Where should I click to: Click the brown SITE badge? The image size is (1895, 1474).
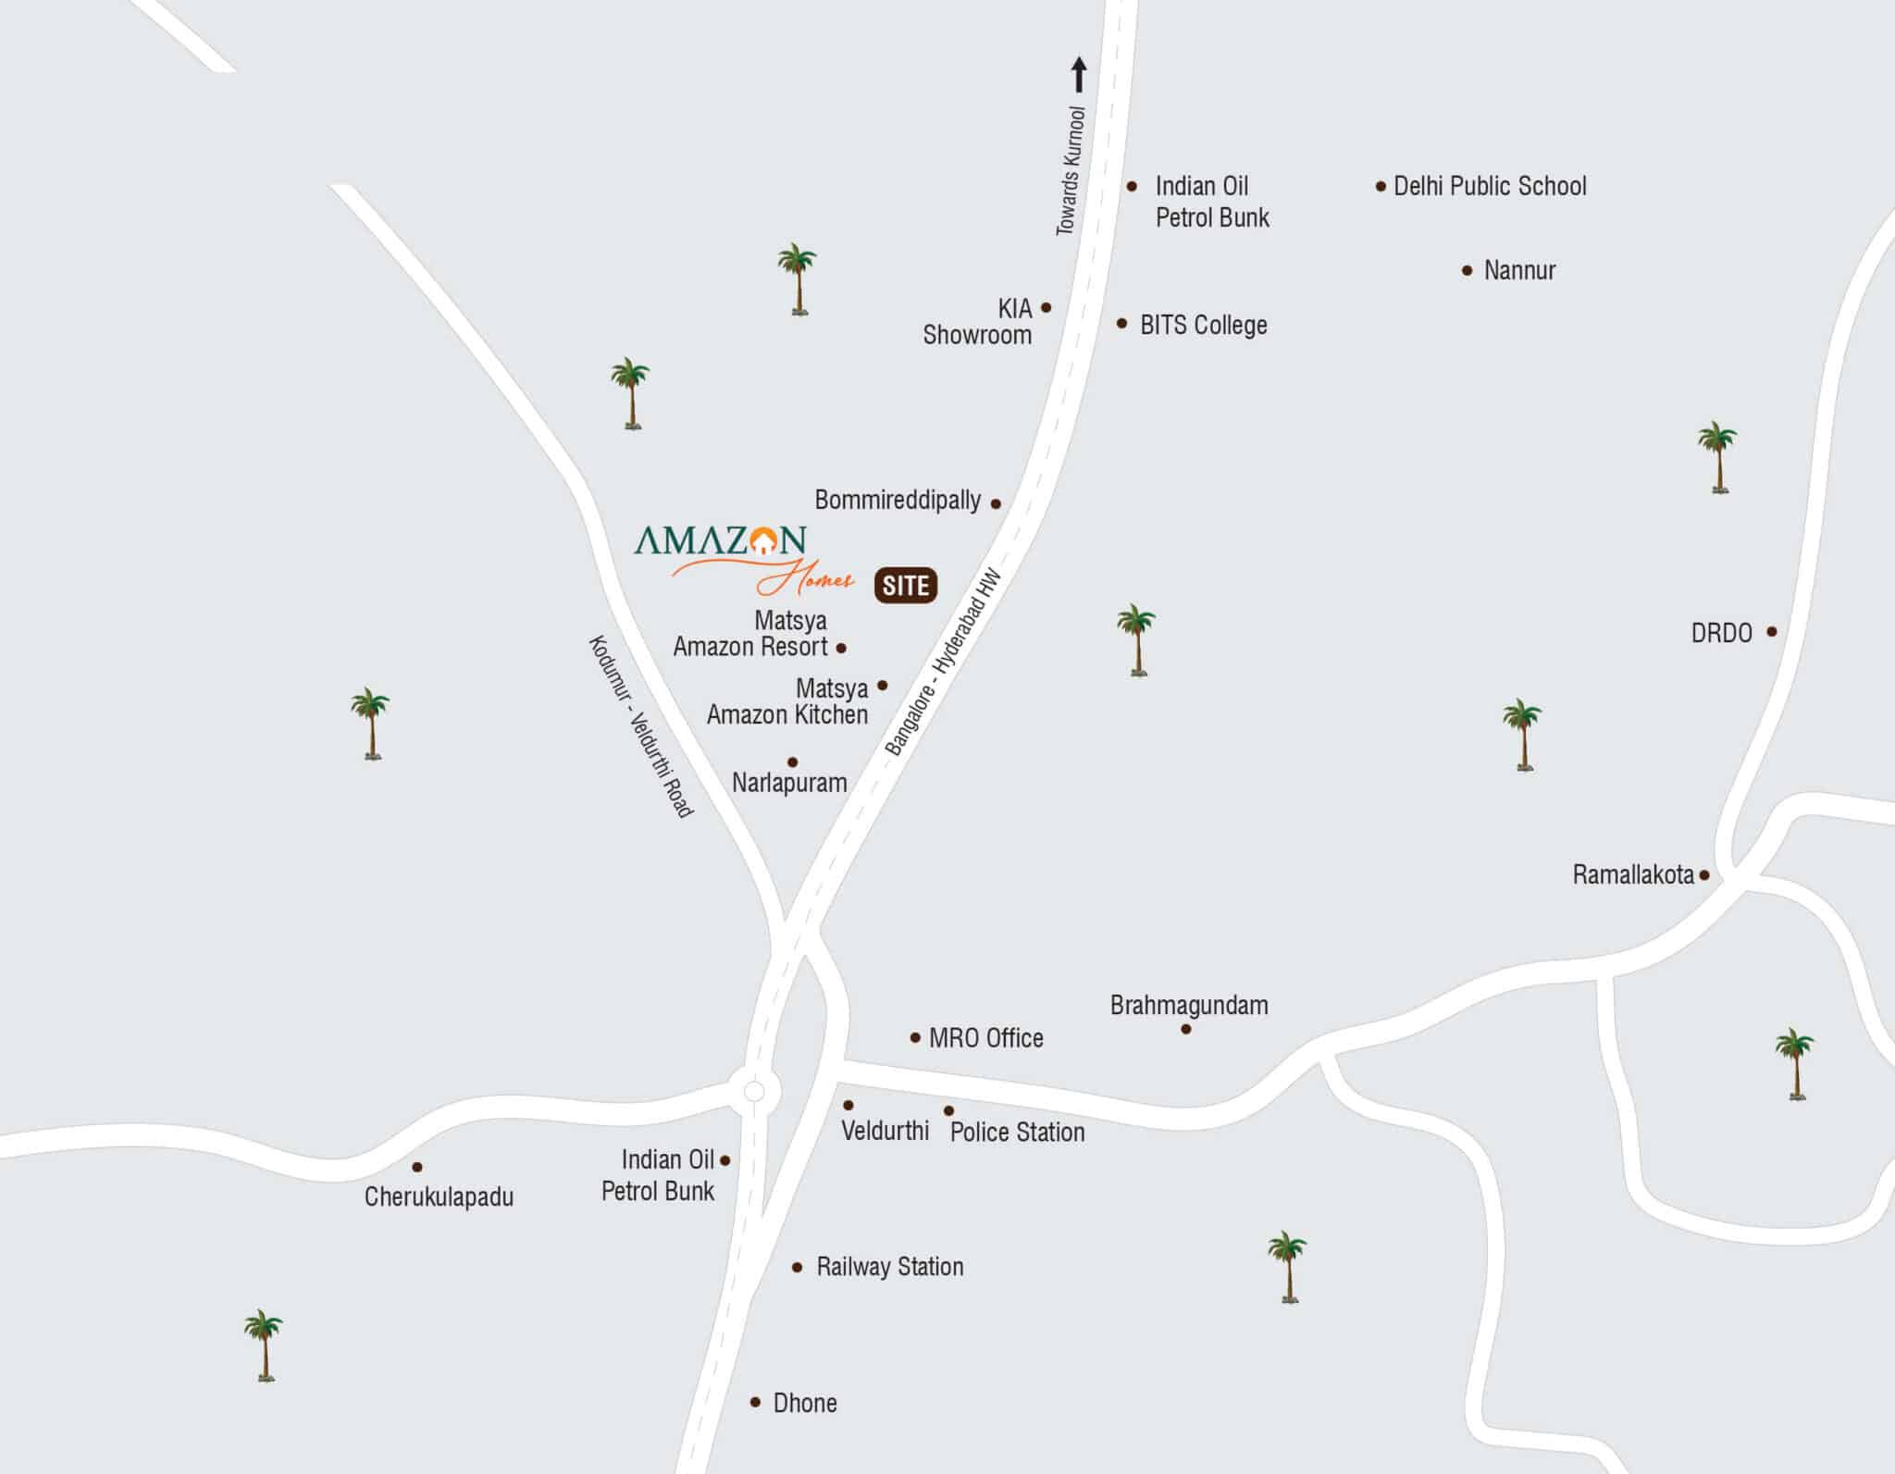(x=905, y=586)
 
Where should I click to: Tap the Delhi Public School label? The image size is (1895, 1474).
(x=1489, y=187)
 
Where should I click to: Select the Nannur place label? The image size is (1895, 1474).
(x=1519, y=271)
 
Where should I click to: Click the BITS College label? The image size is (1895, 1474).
(x=1203, y=326)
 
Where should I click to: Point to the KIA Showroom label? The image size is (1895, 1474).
(x=977, y=322)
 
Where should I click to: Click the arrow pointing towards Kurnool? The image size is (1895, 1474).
(x=1078, y=75)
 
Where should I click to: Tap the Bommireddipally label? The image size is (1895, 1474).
(x=897, y=501)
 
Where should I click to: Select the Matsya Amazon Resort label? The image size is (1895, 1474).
(x=751, y=634)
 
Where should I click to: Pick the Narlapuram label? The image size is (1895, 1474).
(x=789, y=783)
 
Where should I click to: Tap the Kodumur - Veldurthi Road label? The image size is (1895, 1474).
(x=640, y=726)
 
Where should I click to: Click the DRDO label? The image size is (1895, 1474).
(x=1721, y=634)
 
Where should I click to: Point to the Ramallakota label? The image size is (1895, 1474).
(x=1633, y=875)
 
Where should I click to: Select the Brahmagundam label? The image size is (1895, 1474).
(x=1189, y=1006)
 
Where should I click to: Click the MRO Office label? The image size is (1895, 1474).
(x=985, y=1038)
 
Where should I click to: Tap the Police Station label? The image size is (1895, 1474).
(x=1017, y=1133)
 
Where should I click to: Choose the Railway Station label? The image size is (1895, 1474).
(x=889, y=1267)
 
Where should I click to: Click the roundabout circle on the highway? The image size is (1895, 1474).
(x=754, y=1092)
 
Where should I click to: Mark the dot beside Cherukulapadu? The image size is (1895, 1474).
(x=417, y=1167)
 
